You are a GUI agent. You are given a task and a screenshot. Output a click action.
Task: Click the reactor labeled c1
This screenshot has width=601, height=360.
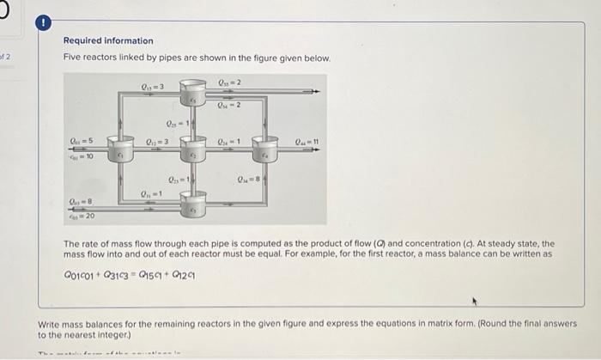[x=121, y=153]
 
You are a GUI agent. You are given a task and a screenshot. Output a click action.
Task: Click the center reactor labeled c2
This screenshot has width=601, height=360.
[x=194, y=153]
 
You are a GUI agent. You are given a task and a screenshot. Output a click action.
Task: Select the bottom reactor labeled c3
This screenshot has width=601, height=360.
[x=194, y=208]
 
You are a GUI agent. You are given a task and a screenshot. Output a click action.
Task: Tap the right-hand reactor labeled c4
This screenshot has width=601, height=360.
[x=267, y=153]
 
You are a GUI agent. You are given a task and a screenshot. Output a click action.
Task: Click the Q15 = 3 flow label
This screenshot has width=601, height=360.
[x=152, y=86]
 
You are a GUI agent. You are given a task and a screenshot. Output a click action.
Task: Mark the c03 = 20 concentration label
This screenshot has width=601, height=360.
[x=82, y=216]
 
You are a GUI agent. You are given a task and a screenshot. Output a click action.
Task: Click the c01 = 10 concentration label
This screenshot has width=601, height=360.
[x=82, y=157]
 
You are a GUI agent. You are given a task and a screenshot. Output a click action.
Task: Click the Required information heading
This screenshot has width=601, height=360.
[x=108, y=40]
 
